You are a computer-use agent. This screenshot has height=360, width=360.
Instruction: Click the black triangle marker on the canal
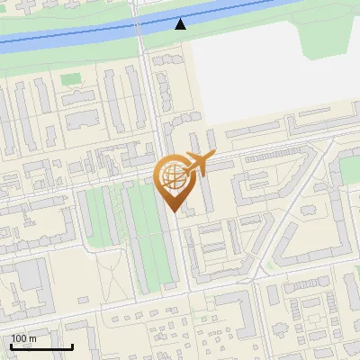[x=182, y=24]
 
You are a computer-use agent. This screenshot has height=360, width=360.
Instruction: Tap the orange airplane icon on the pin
[x=195, y=165]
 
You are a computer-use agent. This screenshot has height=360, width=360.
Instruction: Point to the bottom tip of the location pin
[x=171, y=212]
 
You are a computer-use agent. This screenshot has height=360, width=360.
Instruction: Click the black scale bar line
[x=41, y=347]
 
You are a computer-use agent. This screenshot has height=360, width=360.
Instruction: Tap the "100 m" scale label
[x=24, y=338]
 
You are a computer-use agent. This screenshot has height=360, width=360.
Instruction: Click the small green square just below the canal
[x=70, y=79]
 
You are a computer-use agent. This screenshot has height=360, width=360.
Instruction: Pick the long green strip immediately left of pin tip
[x=148, y=234]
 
